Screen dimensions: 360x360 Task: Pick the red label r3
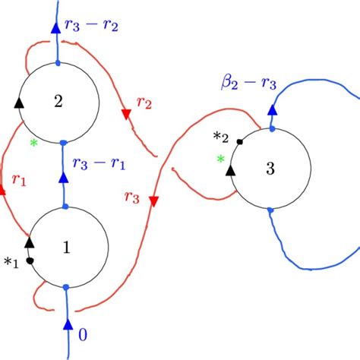click(131, 197)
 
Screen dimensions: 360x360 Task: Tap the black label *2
click(221, 137)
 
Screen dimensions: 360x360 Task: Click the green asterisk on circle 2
click(33, 142)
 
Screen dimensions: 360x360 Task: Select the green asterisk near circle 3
click(221, 159)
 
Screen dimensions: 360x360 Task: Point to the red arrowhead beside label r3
click(153, 201)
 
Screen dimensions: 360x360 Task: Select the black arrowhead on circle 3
click(229, 170)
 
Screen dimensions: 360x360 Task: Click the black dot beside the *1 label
click(29, 261)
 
